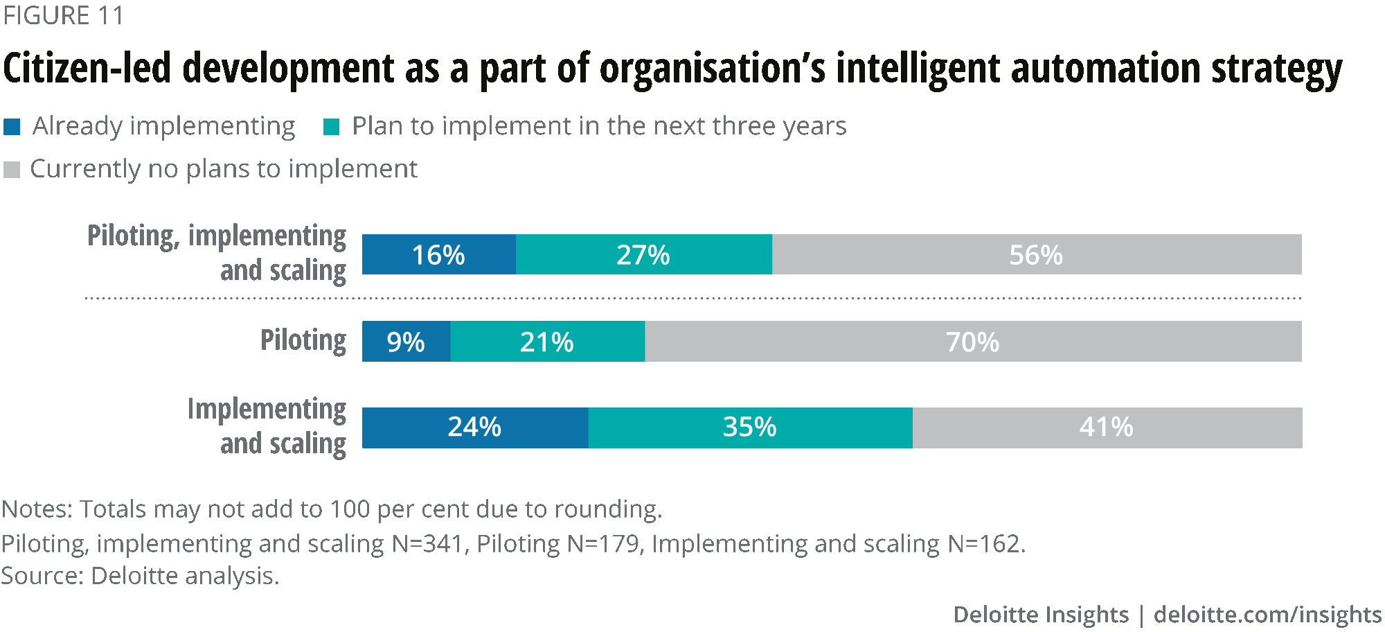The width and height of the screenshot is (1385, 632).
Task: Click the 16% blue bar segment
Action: [x=438, y=254]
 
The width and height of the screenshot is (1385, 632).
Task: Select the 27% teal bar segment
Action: [x=643, y=254]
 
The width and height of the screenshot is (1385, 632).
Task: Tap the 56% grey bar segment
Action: [x=1036, y=254]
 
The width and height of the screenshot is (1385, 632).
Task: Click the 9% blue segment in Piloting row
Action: [x=406, y=341]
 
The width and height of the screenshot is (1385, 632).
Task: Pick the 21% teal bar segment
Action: [x=547, y=341]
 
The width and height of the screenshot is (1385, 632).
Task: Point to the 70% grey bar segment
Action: [x=972, y=341]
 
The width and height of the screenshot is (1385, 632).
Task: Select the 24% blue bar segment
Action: [x=474, y=428]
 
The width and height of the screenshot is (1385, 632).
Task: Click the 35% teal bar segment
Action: [x=750, y=428]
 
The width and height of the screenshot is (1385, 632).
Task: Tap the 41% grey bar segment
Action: [x=1107, y=428]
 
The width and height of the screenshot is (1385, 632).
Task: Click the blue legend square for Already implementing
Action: [x=12, y=127]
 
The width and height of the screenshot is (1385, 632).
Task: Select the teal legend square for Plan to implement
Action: [x=332, y=127]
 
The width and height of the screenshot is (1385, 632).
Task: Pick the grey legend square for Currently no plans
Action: [x=12, y=170]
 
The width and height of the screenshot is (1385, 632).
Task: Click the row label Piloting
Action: [x=303, y=340]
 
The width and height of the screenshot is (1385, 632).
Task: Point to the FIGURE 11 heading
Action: [x=63, y=15]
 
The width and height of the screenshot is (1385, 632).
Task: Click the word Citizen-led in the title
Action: [x=87, y=69]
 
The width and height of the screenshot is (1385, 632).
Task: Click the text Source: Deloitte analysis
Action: [x=140, y=576]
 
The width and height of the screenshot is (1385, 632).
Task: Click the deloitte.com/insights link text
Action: [x=1267, y=615]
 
